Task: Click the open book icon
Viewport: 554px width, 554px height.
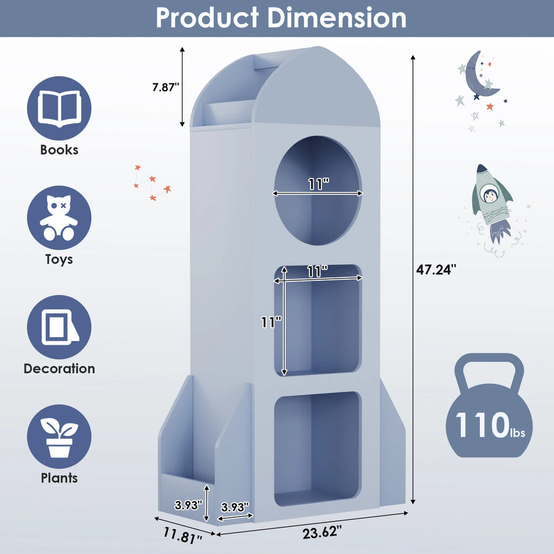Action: (x=60, y=108)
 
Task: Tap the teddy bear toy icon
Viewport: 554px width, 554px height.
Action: (x=60, y=217)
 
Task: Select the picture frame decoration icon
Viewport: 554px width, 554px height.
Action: (x=60, y=327)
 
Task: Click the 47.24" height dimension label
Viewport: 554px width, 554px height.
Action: (x=436, y=269)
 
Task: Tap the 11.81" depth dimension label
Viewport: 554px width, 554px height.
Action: (x=183, y=535)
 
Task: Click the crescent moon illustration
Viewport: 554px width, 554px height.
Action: (x=479, y=76)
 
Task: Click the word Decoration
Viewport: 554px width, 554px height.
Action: (x=60, y=368)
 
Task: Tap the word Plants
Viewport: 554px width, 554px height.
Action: (x=60, y=478)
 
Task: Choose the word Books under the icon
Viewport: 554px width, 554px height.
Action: (x=60, y=150)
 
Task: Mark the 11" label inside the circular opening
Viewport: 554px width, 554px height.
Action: (x=319, y=184)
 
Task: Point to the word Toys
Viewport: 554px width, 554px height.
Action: (x=60, y=259)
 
